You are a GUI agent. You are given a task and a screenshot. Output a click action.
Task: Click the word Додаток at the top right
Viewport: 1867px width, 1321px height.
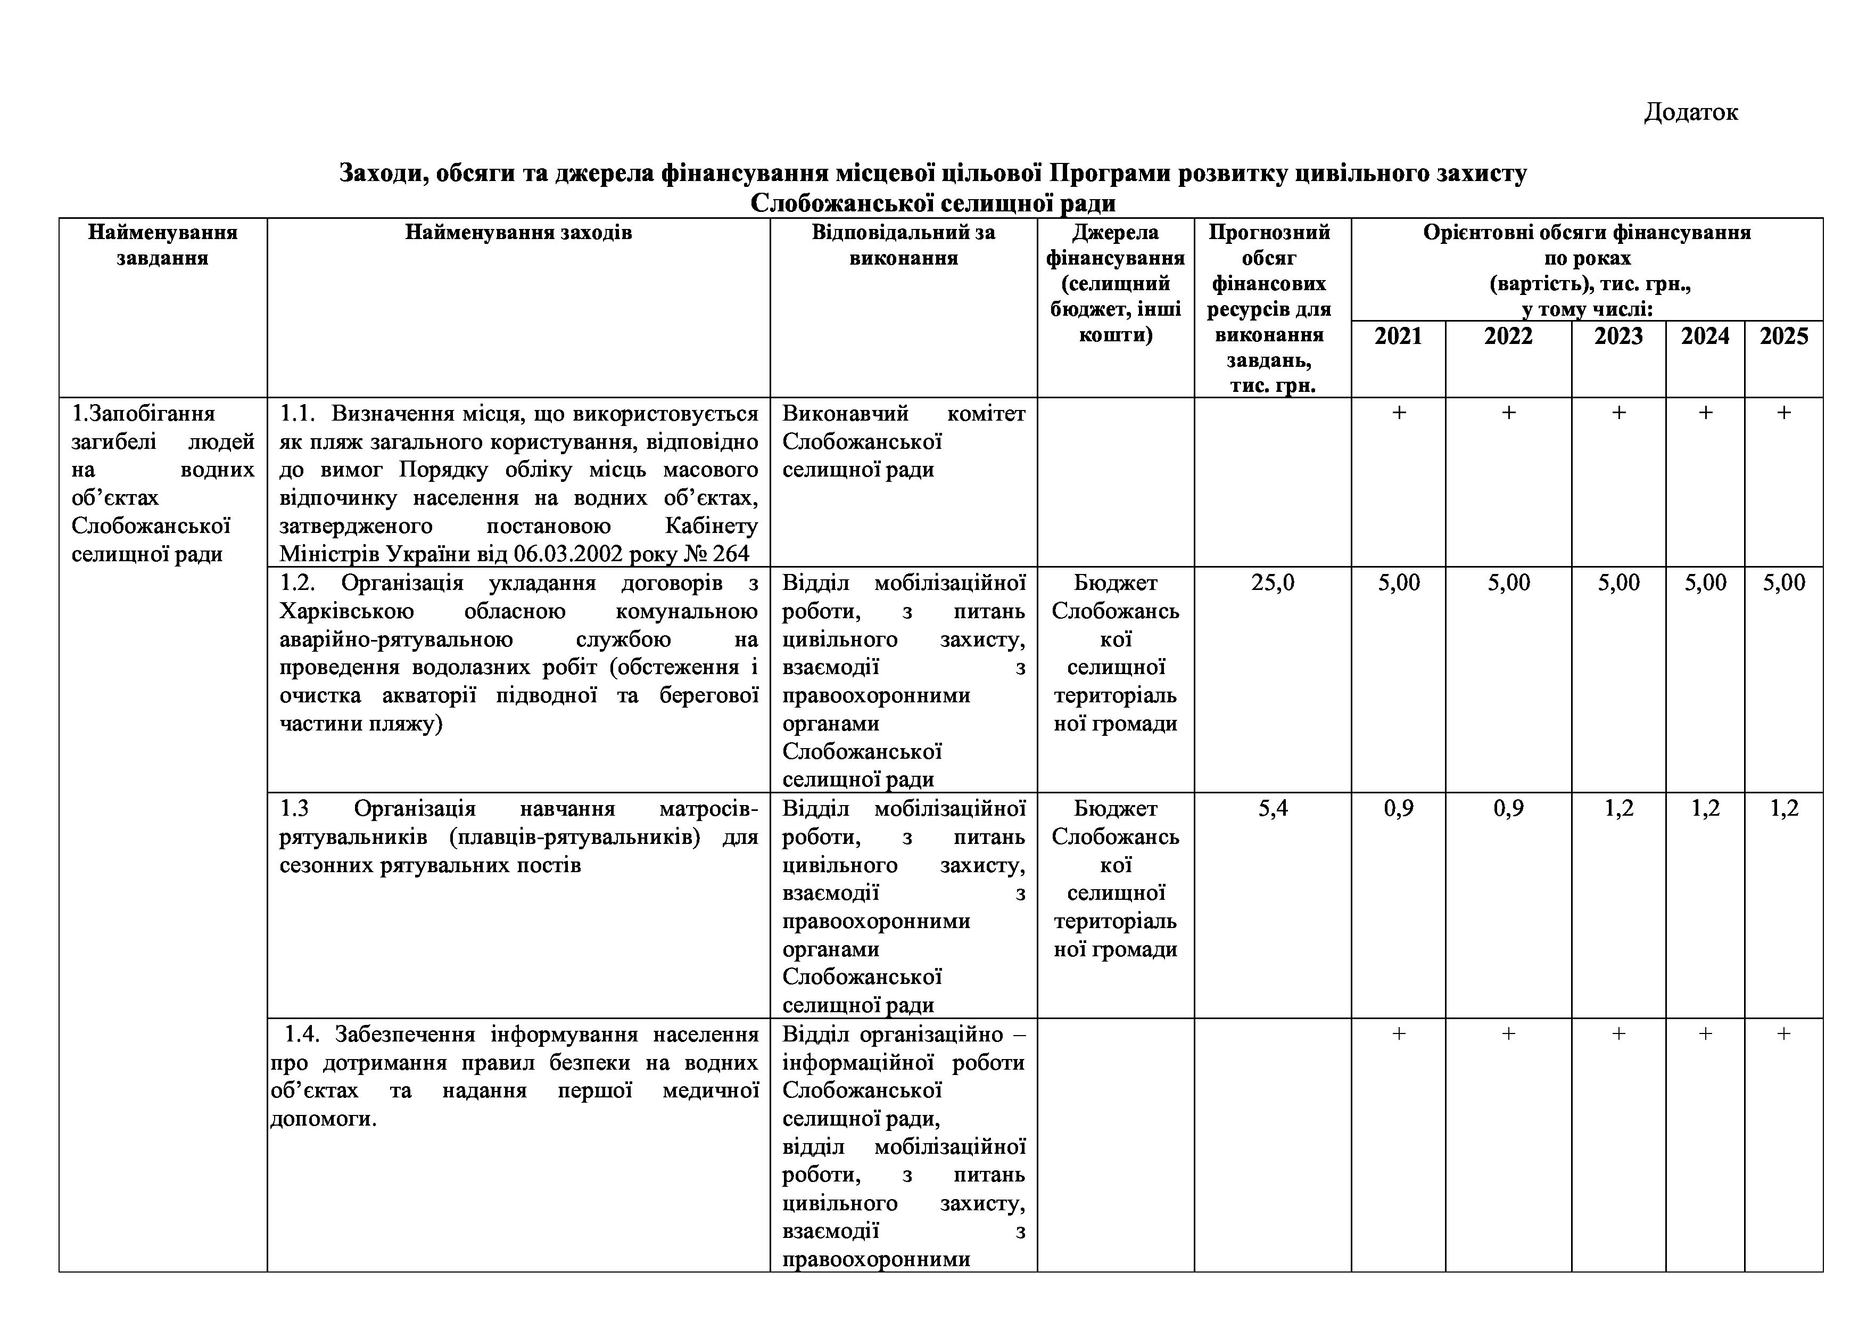pyautogui.click(x=1690, y=112)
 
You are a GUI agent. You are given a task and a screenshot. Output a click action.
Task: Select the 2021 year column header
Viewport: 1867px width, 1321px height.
pyautogui.click(x=1398, y=336)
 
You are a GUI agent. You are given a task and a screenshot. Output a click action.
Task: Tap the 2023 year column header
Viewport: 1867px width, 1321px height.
pyautogui.click(x=1618, y=336)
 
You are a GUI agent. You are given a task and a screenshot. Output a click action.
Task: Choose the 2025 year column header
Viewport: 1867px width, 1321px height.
pyautogui.click(x=1783, y=336)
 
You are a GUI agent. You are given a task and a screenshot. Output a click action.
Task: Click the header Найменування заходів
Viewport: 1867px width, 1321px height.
pyautogui.click(x=518, y=233)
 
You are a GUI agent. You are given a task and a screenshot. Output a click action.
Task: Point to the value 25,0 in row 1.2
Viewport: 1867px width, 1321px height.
pyautogui.click(x=1273, y=582)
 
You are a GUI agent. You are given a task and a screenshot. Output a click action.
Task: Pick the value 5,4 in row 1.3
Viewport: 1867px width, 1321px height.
pyautogui.click(x=1273, y=809)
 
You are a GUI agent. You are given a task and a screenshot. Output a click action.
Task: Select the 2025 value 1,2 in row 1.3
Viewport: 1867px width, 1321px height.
pyautogui.click(x=1783, y=809)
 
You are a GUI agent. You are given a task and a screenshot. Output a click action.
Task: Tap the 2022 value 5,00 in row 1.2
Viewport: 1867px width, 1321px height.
pyautogui.click(x=1508, y=582)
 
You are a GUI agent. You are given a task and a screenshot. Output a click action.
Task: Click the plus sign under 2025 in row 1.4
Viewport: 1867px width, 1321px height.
pyautogui.click(x=1783, y=1034)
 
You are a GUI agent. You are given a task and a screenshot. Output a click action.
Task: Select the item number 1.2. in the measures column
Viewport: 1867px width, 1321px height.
pyautogui.click(x=298, y=583)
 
